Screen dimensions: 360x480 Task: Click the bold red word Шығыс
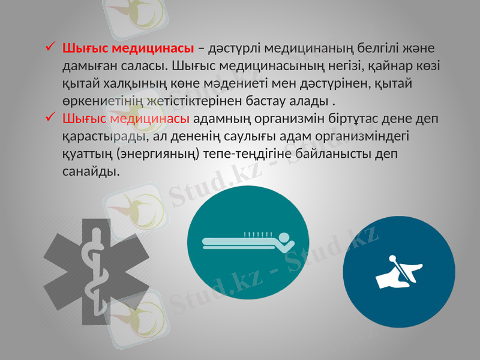(x=82, y=47)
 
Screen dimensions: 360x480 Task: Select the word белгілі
(x=383, y=47)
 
